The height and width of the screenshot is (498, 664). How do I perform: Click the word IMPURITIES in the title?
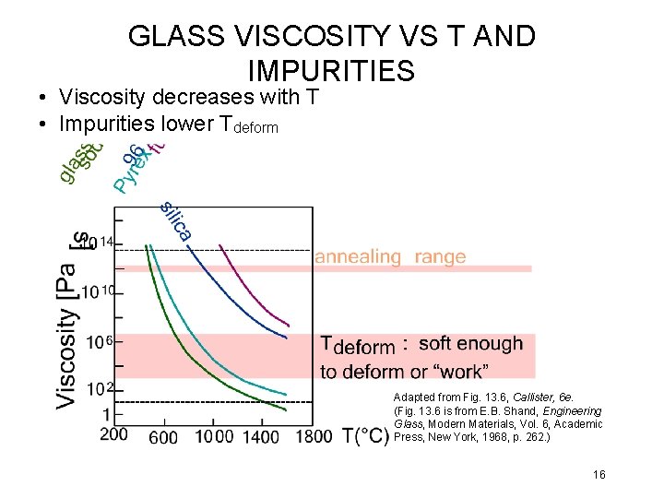[x=331, y=71]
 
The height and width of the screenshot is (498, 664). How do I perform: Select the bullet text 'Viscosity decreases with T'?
[x=188, y=97]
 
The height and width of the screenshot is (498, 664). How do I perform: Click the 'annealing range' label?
[x=390, y=257]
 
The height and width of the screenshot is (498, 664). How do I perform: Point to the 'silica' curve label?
[x=175, y=220]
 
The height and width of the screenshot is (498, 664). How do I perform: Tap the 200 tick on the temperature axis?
[x=113, y=434]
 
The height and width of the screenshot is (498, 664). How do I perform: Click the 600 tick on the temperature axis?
[x=163, y=437]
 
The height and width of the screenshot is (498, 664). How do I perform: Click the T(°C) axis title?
[x=365, y=435]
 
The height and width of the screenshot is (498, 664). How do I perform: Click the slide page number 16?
[x=599, y=475]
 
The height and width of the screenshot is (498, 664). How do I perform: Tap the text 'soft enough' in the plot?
[x=470, y=344]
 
